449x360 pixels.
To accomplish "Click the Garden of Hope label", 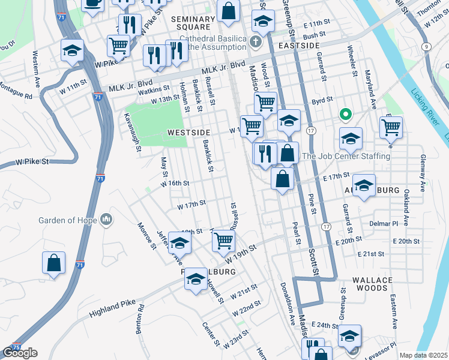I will tap(67, 220).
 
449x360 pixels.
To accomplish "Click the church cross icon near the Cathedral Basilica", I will tap(257, 42).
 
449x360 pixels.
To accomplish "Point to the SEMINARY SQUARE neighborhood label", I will tap(193, 23).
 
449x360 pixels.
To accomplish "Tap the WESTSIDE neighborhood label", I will tap(188, 132).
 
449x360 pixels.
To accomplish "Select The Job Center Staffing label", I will tap(346, 156).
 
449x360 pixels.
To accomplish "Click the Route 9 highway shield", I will tap(426, 46).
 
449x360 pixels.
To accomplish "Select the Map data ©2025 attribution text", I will tap(423, 355).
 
